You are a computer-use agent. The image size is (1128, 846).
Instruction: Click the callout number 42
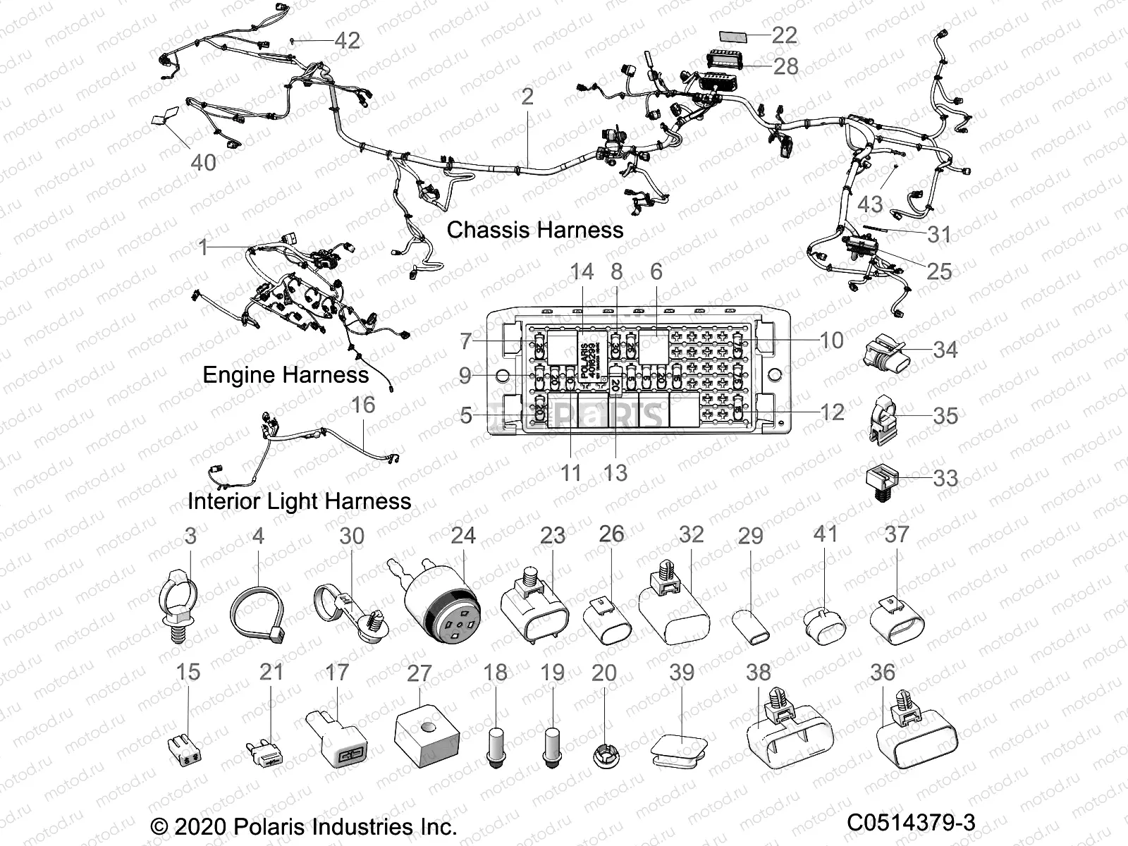pos(346,40)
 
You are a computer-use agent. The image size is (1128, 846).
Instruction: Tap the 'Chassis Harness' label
pos(534,230)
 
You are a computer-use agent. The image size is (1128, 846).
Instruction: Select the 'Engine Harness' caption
pos(286,374)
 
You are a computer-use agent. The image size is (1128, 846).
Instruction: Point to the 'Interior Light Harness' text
pos(299,501)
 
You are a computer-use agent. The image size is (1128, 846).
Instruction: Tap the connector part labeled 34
pos(885,350)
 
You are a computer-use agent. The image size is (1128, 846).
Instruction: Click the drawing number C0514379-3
pos(911,822)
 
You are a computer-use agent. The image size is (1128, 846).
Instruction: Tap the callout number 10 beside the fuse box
pos(831,341)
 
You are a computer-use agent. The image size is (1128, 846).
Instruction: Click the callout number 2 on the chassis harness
pos(527,97)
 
